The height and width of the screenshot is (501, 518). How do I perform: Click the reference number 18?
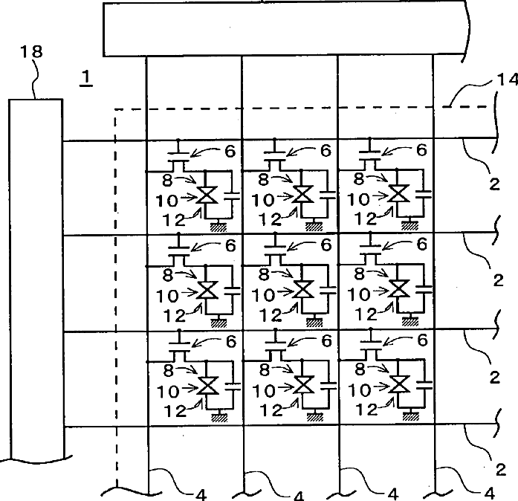33,51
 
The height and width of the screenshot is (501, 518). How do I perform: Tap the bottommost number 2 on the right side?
499,469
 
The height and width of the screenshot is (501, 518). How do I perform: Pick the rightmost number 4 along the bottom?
487,491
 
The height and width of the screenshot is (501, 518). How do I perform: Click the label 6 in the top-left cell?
230,150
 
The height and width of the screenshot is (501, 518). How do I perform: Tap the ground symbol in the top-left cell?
218,227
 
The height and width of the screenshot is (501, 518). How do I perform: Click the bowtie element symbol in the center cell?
302,290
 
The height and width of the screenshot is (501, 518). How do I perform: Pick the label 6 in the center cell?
325,244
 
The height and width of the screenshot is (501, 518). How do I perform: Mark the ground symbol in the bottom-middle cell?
315,417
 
